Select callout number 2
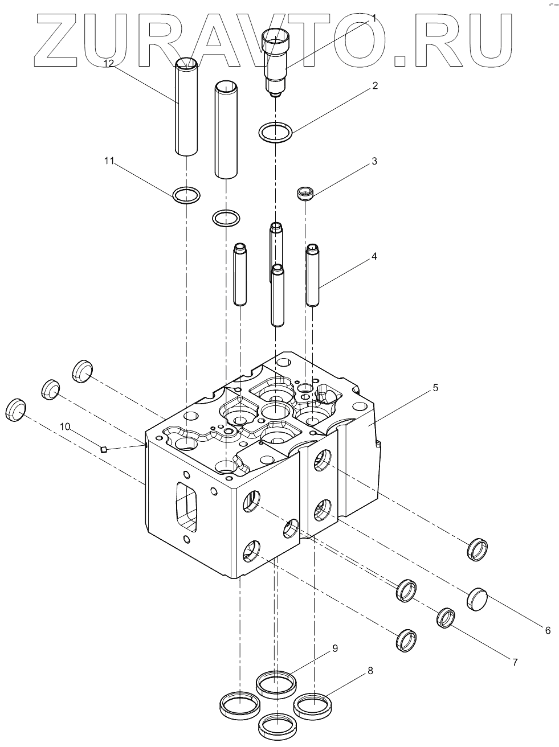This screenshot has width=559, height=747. click(374, 86)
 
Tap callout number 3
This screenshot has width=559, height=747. click(374, 161)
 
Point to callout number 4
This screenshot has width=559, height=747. click(374, 256)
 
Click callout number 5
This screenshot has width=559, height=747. click(435, 388)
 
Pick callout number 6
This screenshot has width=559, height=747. click(548, 630)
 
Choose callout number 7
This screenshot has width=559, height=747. click(515, 662)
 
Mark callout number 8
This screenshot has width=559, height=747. click(370, 671)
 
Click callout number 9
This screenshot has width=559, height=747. click(335, 648)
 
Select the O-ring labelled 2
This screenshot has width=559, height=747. click(276, 133)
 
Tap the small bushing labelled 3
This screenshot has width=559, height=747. click(306, 194)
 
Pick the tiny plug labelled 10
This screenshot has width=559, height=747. click(104, 449)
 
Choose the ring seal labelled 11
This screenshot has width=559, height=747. click(186, 195)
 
